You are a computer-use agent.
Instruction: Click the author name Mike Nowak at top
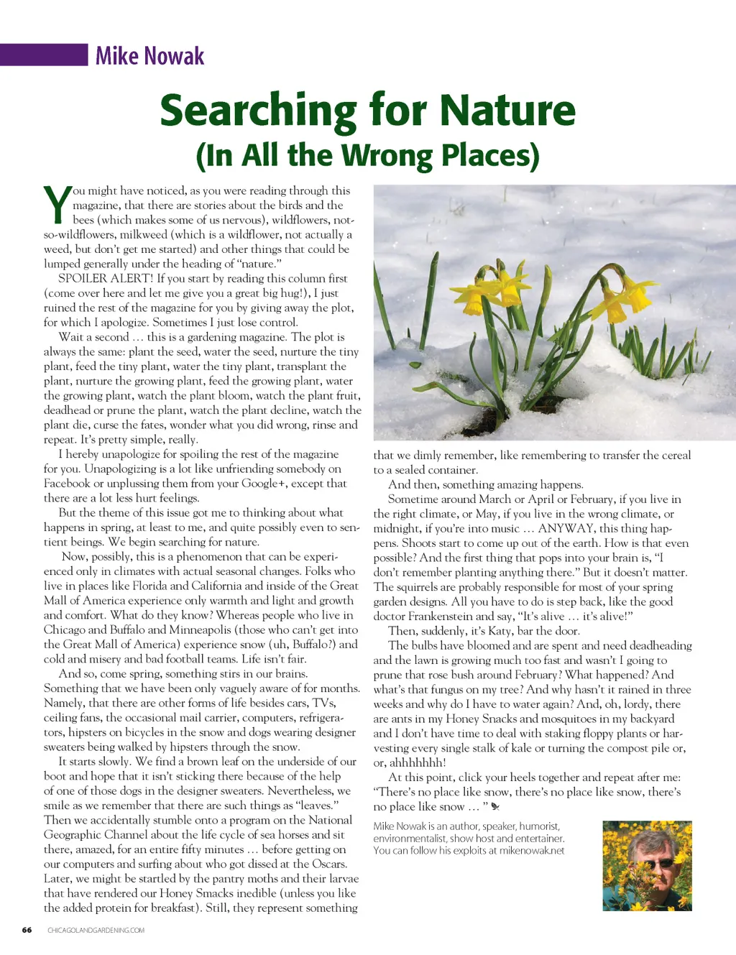pyautogui.click(x=149, y=56)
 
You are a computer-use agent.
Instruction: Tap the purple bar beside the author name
pyautogui.click(x=43, y=55)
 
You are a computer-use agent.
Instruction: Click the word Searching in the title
pyautogui.click(x=258, y=111)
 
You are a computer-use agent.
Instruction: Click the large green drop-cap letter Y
pyautogui.click(x=57, y=205)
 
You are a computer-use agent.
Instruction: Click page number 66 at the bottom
pyautogui.click(x=27, y=930)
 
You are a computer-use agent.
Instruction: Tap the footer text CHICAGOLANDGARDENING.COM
pyautogui.click(x=96, y=930)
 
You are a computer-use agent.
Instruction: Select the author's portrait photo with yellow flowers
pyautogui.click(x=646, y=866)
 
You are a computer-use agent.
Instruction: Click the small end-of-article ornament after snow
pyautogui.click(x=495, y=807)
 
